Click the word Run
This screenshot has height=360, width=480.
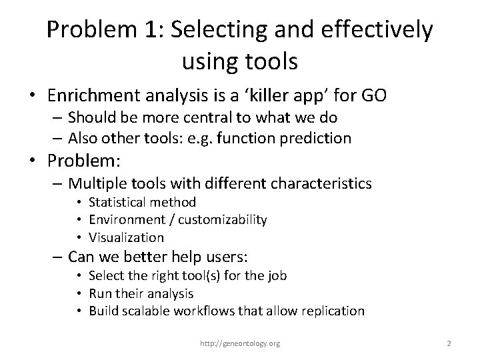(x=99, y=293)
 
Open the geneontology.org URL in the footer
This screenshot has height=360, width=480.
(x=241, y=343)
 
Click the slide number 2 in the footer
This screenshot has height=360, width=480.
(x=449, y=343)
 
